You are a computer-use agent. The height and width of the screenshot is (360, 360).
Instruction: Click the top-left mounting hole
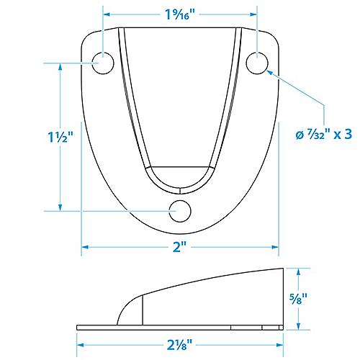pyautogui.click(x=104, y=63)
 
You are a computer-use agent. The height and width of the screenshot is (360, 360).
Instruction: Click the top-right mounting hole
pyautogui.click(x=257, y=63)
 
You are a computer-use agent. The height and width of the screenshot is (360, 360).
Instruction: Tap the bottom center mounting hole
pyautogui.click(x=180, y=211)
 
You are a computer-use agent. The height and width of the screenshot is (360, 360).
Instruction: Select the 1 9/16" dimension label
pyautogui.click(x=180, y=12)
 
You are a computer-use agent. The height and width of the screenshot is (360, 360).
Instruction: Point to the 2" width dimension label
pyautogui.click(x=180, y=247)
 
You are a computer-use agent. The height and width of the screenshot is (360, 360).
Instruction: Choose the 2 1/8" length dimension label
pyautogui.click(x=180, y=343)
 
